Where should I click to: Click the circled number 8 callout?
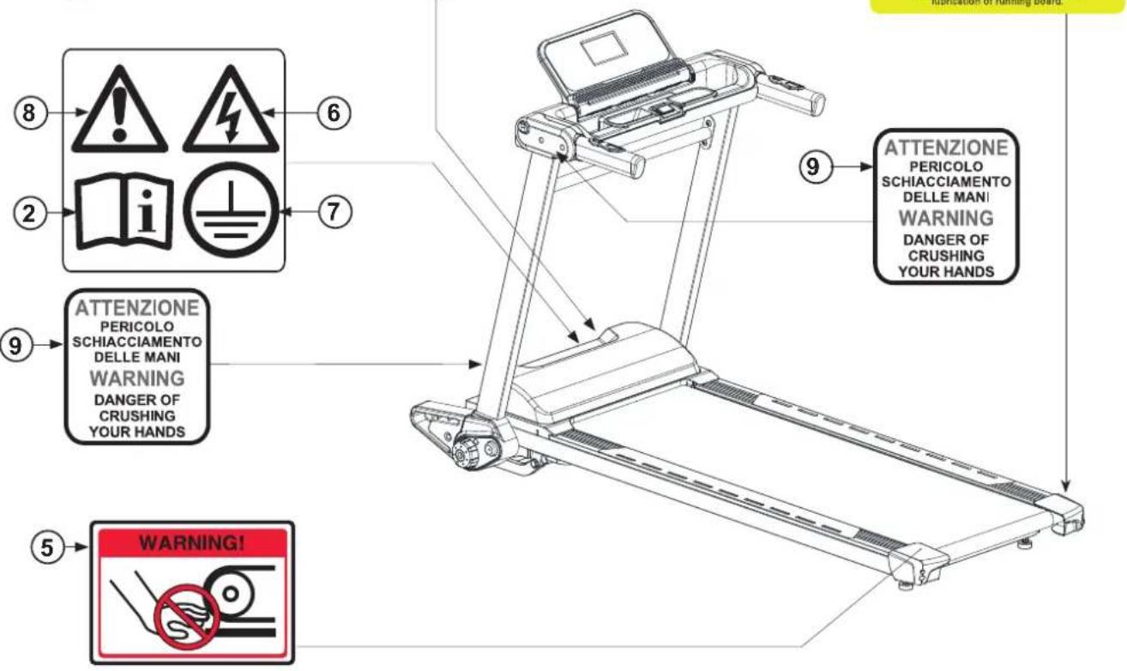[x=31, y=112]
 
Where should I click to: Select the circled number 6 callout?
[x=333, y=112]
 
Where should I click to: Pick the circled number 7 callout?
[x=333, y=210]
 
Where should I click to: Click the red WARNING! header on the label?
[x=192, y=542]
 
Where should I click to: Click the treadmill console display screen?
[x=604, y=52]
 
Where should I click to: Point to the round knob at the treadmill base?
[x=470, y=449]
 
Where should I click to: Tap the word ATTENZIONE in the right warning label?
[x=947, y=147]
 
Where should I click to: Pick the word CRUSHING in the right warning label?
[x=947, y=256]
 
